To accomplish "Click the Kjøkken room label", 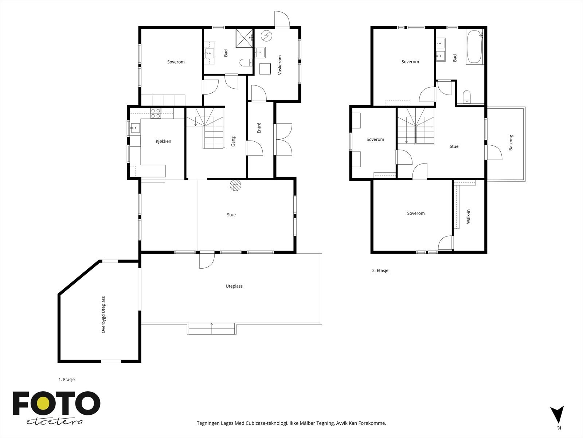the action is click(x=163, y=142).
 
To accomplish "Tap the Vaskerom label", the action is click(x=280, y=65).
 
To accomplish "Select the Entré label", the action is click(x=259, y=128).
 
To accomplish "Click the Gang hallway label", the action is click(x=233, y=142).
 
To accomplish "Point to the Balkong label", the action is click(x=511, y=143).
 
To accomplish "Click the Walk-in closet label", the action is click(x=468, y=216).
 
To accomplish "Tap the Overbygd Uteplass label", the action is click(x=103, y=315).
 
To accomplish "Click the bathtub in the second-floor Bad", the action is click(x=474, y=47).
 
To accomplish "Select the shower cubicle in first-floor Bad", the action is click(x=244, y=38).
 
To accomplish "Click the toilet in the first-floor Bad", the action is click(x=246, y=62).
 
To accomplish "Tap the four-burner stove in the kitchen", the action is click(x=155, y=113).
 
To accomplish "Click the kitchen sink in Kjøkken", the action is click(x=135, y=128).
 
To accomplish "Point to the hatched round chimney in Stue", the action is click(x=236, y=185).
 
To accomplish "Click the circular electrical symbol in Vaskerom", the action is click(x=266, y=36).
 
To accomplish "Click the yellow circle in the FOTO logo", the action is click(x=43, y=403).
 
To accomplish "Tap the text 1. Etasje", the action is click(x=67, y=380).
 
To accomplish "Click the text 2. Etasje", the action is click(x=380, y=270).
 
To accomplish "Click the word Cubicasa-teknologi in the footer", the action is click(x=267, y=423).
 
